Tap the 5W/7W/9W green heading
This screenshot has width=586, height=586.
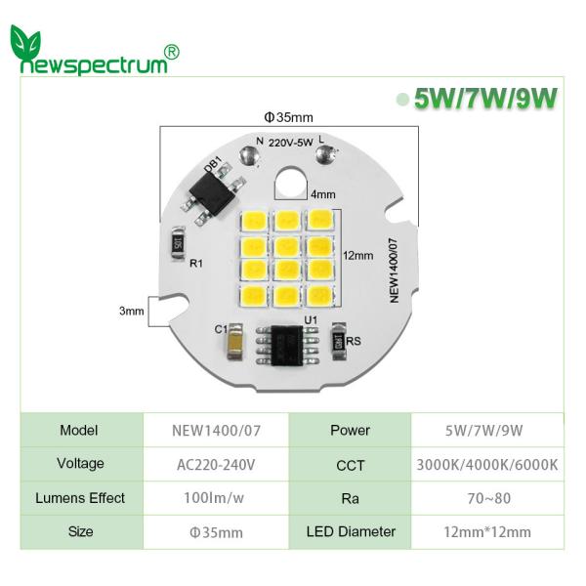[x=484, y=100]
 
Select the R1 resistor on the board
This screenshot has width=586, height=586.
[x=178, y=239]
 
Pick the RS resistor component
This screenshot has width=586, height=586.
[x=340, y=338]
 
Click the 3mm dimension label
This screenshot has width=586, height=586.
[x=131, y=311]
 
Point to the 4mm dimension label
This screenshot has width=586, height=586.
[x=322, y=193]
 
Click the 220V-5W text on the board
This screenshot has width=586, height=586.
[x=290, y=143]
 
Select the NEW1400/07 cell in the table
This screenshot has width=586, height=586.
[x=217, y=431]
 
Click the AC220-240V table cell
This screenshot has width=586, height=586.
[x=217, y=465]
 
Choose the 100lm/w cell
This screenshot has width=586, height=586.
[x=217, y=498]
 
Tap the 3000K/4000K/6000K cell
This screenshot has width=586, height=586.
[x=487, y=465]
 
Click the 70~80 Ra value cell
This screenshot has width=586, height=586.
[x=487, y=498]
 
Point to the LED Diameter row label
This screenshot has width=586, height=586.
[x=351, y=532]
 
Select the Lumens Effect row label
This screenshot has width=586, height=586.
[x=81, y=498]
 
